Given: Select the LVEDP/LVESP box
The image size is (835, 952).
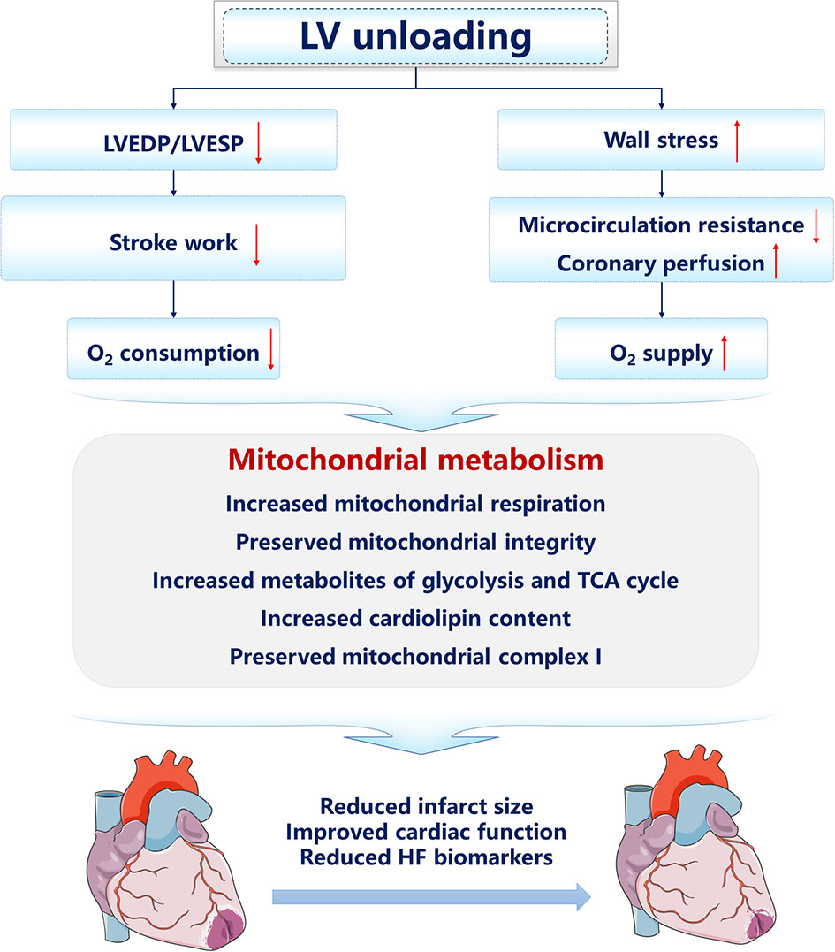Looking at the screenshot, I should (174, 140).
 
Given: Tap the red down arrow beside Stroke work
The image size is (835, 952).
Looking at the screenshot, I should (256, 245).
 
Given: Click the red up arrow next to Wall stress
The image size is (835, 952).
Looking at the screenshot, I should (737, 143).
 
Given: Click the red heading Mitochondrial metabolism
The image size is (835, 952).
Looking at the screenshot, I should (416, 461).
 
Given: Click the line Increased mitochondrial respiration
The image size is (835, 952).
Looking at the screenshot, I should (416, 503).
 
